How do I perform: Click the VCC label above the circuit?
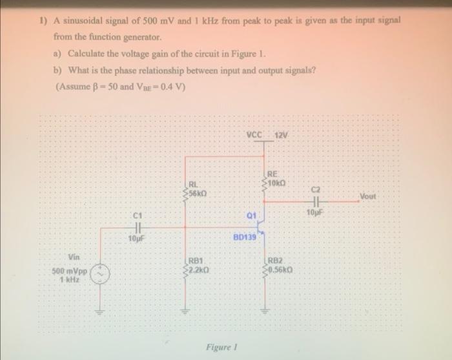tap(254, 134)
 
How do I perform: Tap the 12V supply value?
tap(282, 134)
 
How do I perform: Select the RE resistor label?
tap(272, 173)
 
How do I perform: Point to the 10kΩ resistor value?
tap(274, 182)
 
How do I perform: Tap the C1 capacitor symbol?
tap(137, 227)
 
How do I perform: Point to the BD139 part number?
tap(245, 238)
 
